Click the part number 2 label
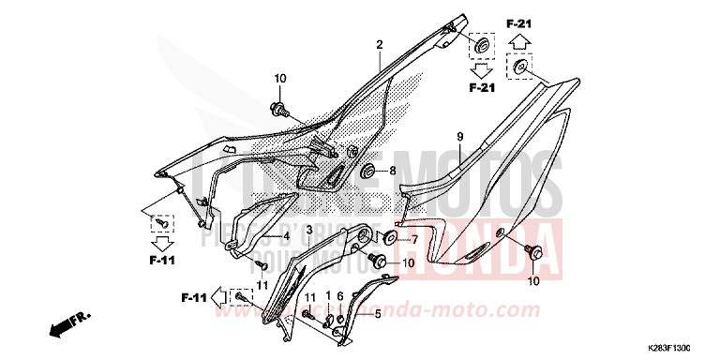(381, 45)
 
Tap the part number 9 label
(460, 138)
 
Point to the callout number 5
(377, 315)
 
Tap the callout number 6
(340, 296)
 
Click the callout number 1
(328, 296)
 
